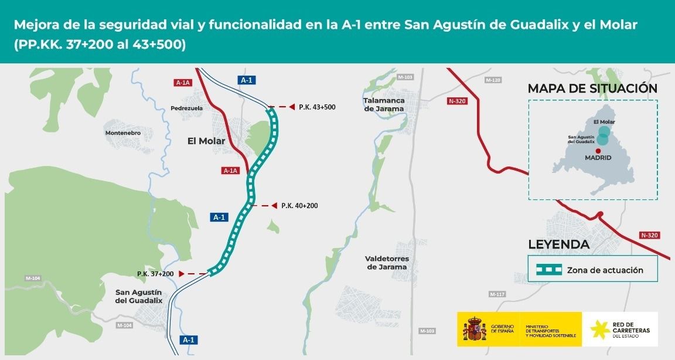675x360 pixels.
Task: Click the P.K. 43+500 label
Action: [x=316, y=107]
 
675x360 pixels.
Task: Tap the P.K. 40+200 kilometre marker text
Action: [x=299, y=206]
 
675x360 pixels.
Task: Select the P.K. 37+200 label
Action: [x=155, y=274]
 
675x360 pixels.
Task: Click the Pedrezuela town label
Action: [x=186, y=108]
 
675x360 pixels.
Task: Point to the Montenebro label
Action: [x=123, y=133]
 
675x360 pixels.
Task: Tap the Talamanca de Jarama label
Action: [x=384, y=104]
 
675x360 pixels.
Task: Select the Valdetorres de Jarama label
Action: [x=387, y=263]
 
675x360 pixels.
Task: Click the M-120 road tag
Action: [x=493, y=80]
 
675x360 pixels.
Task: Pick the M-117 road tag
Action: [x=496, y=294]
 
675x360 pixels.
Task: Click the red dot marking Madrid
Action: [x=598, y=150]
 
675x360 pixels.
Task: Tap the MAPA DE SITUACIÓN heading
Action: [x=592, y=89]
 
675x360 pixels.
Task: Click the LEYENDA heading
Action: [x=558, y=245]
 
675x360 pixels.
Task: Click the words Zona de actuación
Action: [x=605, y=270]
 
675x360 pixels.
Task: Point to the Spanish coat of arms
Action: [x=475, y=329]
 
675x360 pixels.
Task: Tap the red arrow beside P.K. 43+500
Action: [x=291, y=107]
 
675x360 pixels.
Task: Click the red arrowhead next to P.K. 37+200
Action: [x=182, y=274]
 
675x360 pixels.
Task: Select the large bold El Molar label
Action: [x=206, y=141]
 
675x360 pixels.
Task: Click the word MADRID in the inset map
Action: [x=598, y=158]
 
